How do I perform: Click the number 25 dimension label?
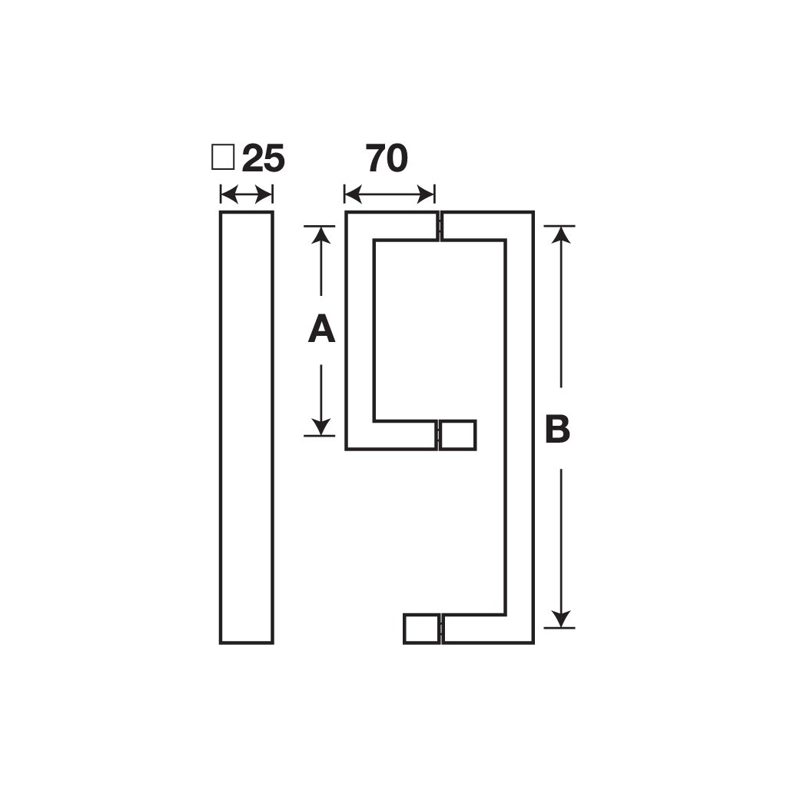click(264, 158)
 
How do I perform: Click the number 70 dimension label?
click(387, 158)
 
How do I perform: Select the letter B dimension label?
click(558, 428)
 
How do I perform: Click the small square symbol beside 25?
click(223, 158)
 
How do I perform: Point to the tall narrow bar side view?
click(247, 427)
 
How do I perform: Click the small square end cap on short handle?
click(458, 435)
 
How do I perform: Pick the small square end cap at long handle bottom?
click(422, 629)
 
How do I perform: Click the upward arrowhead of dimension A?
click(320, 234)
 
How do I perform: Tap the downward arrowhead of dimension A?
click(320, 427)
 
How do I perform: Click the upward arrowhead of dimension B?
click(560, 234)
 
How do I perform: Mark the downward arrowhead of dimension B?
click(560, 619)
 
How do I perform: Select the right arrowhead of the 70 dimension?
click(426, 194)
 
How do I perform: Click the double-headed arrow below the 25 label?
click(247, 194)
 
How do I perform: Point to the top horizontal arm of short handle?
click(390, 226)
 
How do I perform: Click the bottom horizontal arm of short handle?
click(390, 435)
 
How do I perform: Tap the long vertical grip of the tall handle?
click(520, 427)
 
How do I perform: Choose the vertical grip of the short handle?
click(360, 330)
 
